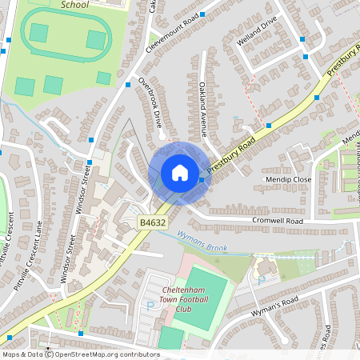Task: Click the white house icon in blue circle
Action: (180, 173)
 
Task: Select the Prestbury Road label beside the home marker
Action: (230, 156)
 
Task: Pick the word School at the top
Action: (75, 4)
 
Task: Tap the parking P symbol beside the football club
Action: (150, 305)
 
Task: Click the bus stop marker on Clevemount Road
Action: (202, 14)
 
